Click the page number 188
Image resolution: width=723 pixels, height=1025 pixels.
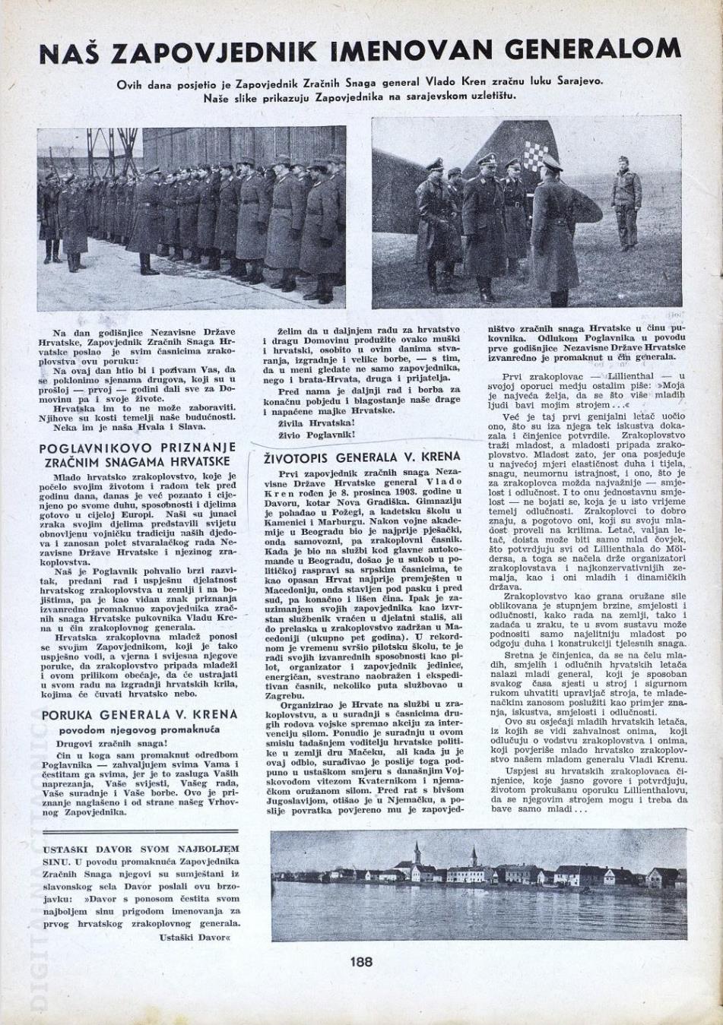click(x=362, y=961)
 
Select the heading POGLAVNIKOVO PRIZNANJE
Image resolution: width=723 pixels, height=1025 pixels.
click(x=138, y=448)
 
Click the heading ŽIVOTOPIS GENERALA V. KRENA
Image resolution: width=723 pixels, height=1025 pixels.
click(x=361, y=457)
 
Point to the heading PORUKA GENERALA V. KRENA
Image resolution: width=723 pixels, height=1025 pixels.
click(x=139, y=715)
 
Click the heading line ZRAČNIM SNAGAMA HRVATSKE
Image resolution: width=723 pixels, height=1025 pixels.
click(x=138, y=462)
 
